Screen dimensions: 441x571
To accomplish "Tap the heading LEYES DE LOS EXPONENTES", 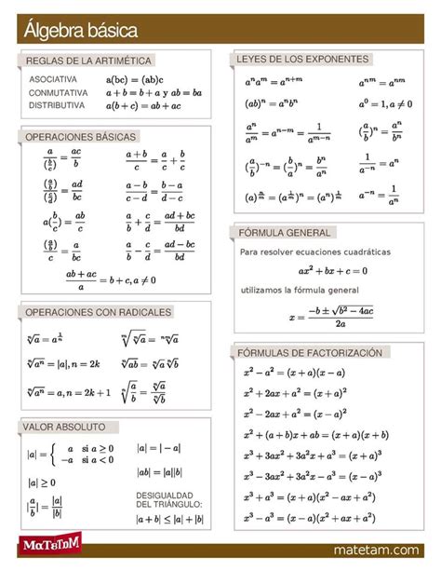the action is click(x=302, y=59).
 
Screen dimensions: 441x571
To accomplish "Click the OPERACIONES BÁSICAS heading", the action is click(x=80, y=137).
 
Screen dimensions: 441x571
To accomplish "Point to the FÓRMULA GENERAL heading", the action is click(x=284, y=232).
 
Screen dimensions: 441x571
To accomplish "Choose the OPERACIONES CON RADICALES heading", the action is click(x=98, y=311).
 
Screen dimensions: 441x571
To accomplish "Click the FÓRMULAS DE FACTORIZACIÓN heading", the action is click(x=311, y=353).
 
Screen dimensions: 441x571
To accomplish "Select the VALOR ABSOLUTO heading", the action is click(x=66, y=427).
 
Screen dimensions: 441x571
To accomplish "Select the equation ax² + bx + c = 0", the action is click(x=332, y=271).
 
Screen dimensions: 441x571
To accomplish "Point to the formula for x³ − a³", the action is click(x=309, y=518).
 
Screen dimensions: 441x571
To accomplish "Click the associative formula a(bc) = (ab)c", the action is click(x=135, y=80).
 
